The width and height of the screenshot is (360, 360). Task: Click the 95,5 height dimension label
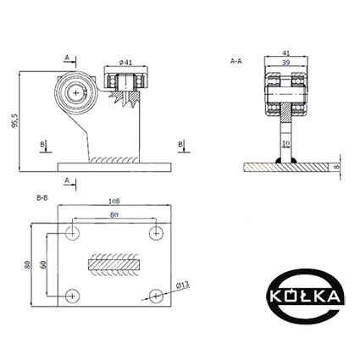[x=14, y=120]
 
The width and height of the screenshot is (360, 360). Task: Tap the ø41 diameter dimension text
[x=125, y=63]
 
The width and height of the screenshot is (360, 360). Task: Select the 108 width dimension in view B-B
[x=114, y=202]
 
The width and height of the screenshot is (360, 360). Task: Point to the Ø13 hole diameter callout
[x=182, y=285]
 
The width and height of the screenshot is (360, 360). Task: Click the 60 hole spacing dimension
[x=43, y=264]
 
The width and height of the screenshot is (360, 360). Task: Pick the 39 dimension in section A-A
[x=286, y=63]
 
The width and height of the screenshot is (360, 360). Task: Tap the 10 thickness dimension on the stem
[x=285, y=143]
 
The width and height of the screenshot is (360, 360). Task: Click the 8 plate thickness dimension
[x=335, y=167]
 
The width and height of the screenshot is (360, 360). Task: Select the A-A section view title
[x=236, y=61]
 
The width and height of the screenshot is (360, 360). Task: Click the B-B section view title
[x=42, y=198]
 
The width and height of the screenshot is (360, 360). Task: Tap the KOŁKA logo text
[x=305, y=296]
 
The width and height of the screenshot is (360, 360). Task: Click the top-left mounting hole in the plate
[x=73, y=233]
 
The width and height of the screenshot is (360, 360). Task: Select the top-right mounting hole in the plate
[x=156, y=233]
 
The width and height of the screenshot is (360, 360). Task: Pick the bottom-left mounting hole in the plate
[x=73, y=296]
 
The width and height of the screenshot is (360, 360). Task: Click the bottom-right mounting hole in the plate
[x=156, y=296]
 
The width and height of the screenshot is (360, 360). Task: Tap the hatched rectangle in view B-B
[x=114, y=264]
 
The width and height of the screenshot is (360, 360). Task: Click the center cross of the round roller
[x=76, y=93]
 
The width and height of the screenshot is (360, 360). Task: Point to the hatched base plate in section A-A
[x=286, y=167]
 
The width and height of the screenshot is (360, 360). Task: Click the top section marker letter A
[x=67, y=58]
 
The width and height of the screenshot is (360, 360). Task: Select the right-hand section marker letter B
[x=180, y=144]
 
